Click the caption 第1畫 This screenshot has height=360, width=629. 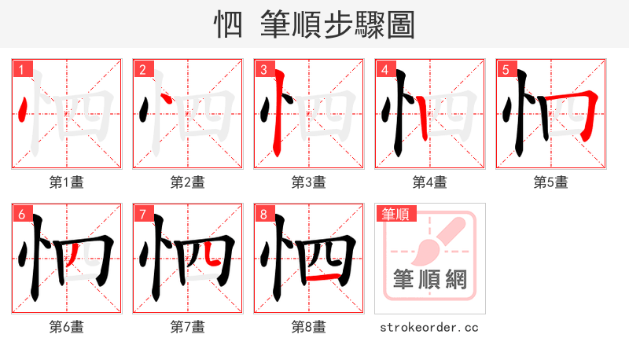pyautogui.click(x=66, y=182)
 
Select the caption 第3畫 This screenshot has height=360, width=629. pyautogui.click(x=308, y=182)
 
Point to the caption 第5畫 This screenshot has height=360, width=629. pyautogui.click(x=550, y=182)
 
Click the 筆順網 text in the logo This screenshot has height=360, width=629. pyautogui.click(x=429, y=280)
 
